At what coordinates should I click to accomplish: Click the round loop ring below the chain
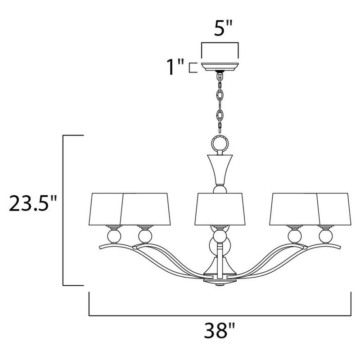point(219,144)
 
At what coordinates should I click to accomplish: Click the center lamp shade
point(219,210)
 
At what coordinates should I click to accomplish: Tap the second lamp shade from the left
point(144,210)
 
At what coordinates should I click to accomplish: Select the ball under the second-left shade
point(144,235)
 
